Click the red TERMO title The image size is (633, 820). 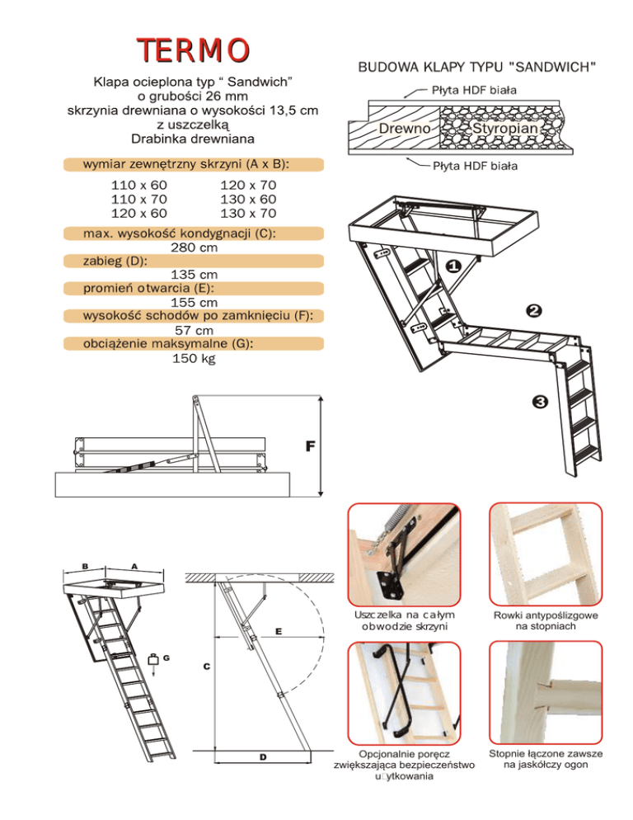pyautogui.click(x=194, y=49)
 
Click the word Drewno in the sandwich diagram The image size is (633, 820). pyautogui.click(x=405, y=130)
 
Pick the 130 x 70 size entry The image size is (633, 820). pyautogui.click(x=248, y=214)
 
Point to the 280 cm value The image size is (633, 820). pyautogui.click(x=194, y=247)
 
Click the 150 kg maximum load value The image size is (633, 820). pyautogui.click(x=194, y=358)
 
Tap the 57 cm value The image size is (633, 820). pyautogui.click(x=194, y=330)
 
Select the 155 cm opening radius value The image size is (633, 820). pyautogui.click(x=194, y=303)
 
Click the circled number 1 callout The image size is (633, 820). pyautogui.click(x=452, y=267)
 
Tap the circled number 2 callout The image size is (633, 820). pyautogui.click(x=533, y=311)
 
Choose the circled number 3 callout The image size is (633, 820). pyautogui.click(x=540, y=403)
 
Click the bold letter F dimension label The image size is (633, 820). pyautogui.click(x=310, y=446)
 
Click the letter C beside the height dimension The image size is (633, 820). pyautogui.click(x=206, y=666)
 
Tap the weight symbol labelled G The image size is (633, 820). pyautogui.click(x=153, y=659)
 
